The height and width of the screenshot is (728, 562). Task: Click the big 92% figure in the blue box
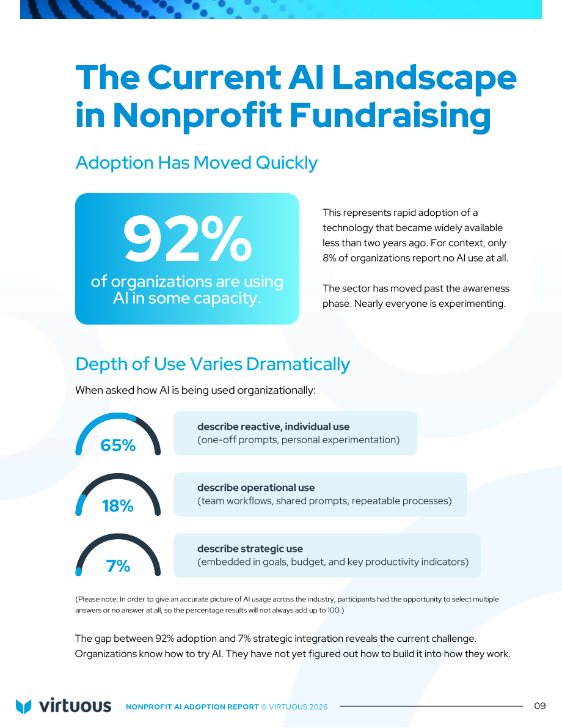tap(187, 240)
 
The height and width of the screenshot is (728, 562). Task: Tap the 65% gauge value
tap(118, 445)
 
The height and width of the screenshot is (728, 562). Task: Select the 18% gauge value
tap(118, 506)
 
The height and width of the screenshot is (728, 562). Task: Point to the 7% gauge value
tap(118, 566)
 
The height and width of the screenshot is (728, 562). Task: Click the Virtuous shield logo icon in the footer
tap(23, 706)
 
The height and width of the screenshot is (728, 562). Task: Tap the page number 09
tap(540, 706)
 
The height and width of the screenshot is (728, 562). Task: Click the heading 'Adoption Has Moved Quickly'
tap(196, 163)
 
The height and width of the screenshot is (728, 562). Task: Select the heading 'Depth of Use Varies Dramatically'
tap(213, 364)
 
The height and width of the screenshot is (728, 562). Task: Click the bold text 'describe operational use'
tap(256, 488)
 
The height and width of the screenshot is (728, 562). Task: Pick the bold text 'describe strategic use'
tap(250, 549)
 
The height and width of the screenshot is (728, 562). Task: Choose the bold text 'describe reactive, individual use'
tap(273, 427)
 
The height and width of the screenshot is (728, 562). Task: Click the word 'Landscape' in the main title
tap(424, 78)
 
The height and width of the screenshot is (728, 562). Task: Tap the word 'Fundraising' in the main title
tap(390, 116)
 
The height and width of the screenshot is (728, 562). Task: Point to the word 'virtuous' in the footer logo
tap(75, 706)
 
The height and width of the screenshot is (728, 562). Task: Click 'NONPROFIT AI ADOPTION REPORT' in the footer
tap(192, 707)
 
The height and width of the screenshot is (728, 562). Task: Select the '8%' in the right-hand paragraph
tap(329, 258)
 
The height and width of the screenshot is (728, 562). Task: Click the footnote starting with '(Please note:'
tap(286, 605)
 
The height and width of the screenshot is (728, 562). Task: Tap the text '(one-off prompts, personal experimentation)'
tap(298, 439)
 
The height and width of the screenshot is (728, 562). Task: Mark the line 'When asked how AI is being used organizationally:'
tap(195, 391)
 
